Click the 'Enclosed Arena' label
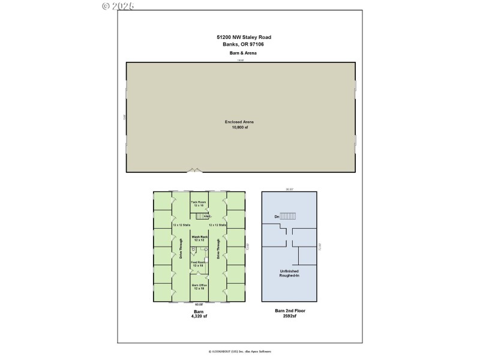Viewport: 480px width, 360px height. pyautogui.click(x=239, y=122)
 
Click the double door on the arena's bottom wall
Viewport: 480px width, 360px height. pyautogui.click(x=193, y=172)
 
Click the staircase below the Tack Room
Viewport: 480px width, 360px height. pyautogui.click(x=203, y=216)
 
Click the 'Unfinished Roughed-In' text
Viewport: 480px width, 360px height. pyautogui.click(x=289, y=274)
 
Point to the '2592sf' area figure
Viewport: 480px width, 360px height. pyautogui.click(x=289, y=317)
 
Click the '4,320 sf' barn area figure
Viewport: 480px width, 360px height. pyautogui.click(x=199, y=317)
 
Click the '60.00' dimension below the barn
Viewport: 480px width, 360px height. pyautogui.click(x=199, y=304)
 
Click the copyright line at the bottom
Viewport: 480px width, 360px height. pyautogui.click(x=239, y=352)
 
